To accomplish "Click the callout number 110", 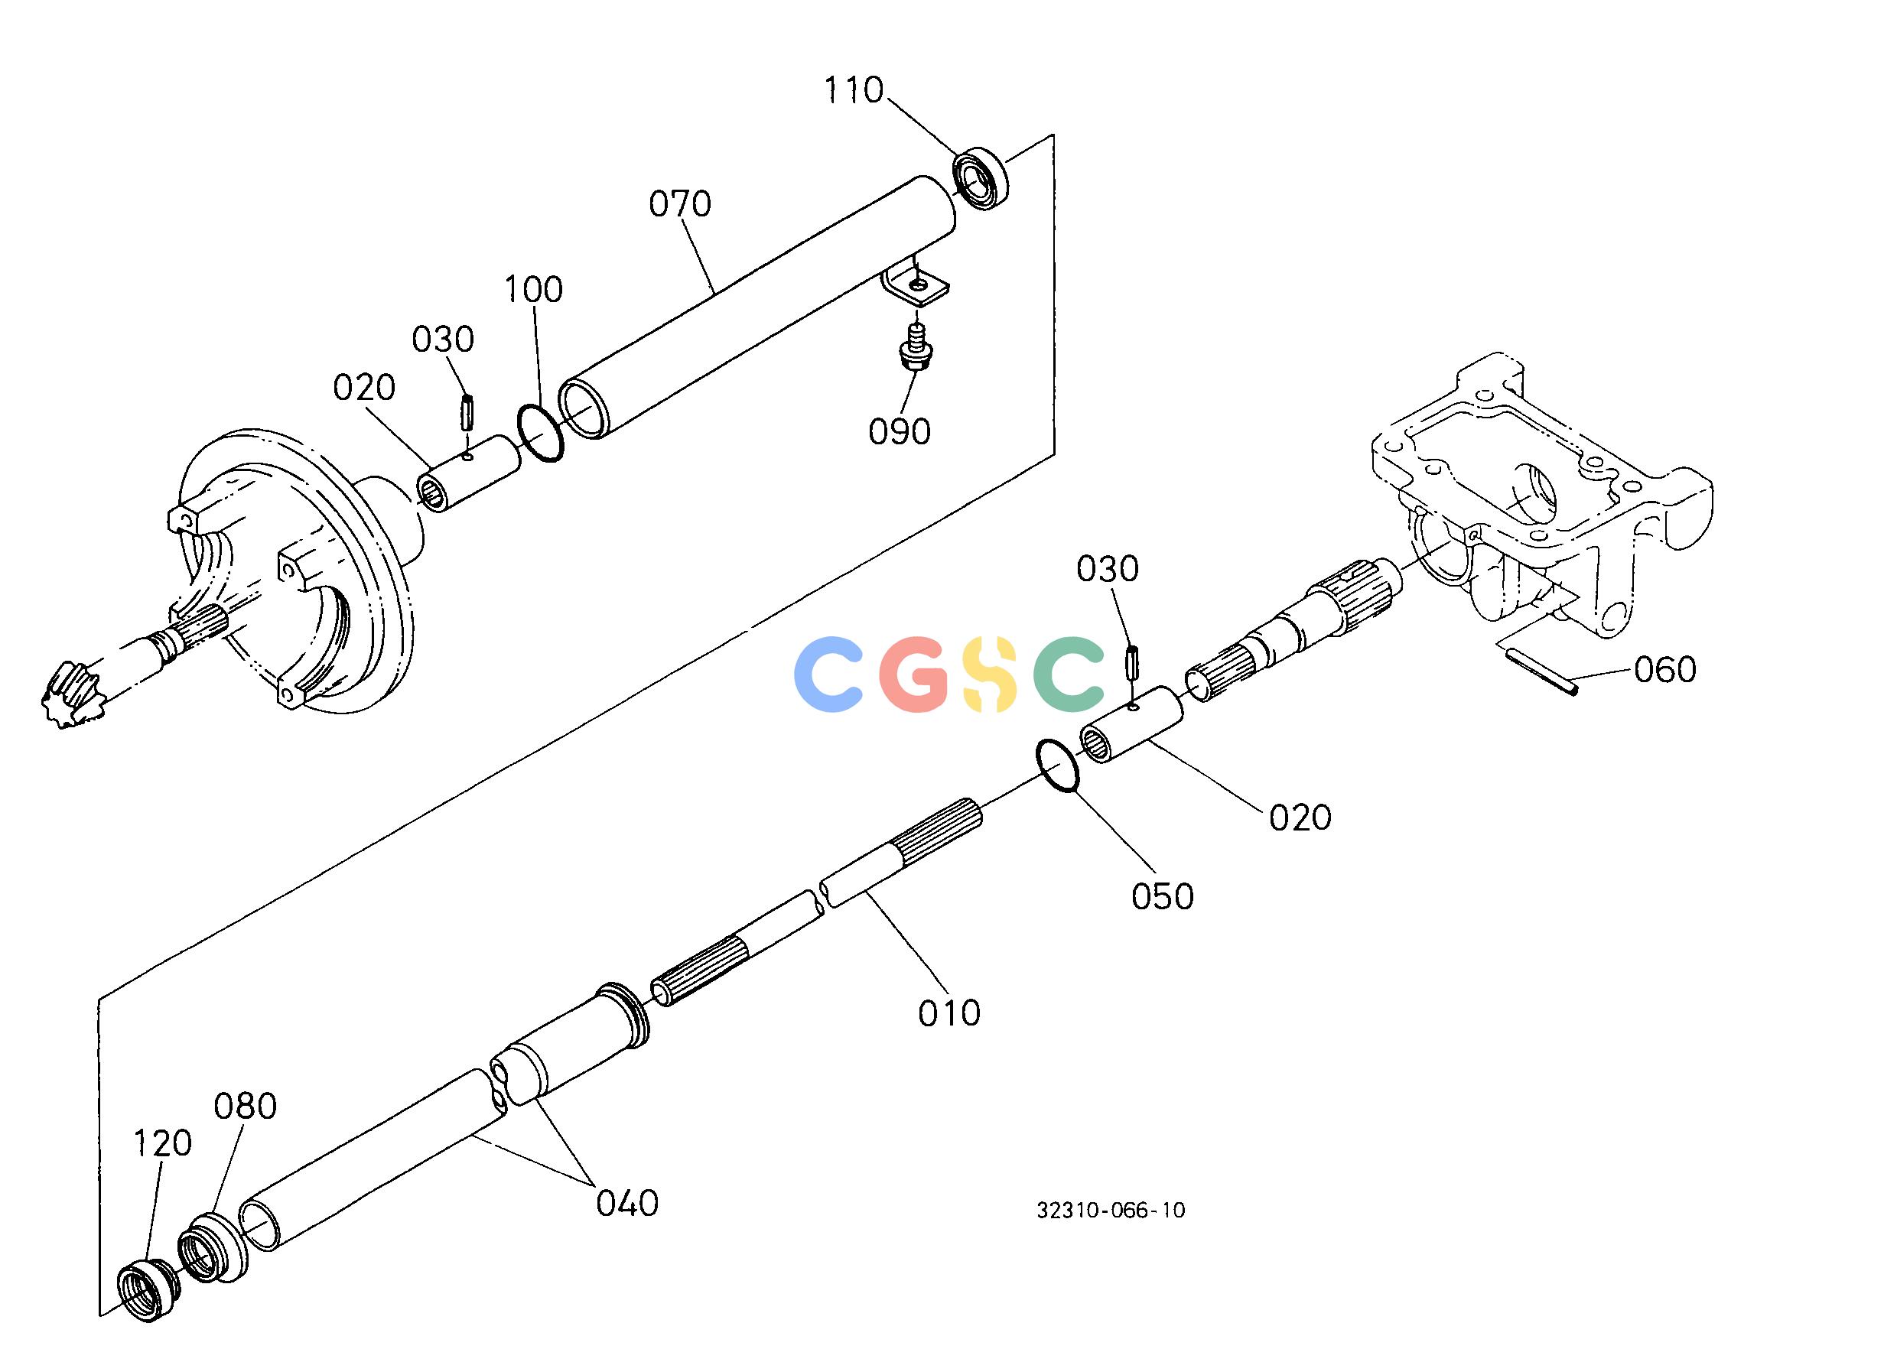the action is (x=854, y=89).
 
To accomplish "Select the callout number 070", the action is (x=680, y=204).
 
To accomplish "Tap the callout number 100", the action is (x=533, y=289).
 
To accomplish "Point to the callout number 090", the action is (x=900, y=432).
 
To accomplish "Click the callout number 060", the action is (x=1664, y=669).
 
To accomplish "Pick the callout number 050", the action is (x=1163, y=896).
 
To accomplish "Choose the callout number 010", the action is (x=949, y=1013).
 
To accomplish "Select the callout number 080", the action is (x=245, y=1107).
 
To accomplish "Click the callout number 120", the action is (x=163, y=1144).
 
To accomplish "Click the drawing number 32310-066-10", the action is (x=1110, y=1211).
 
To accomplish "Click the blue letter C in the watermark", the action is (x=828, y=674).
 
